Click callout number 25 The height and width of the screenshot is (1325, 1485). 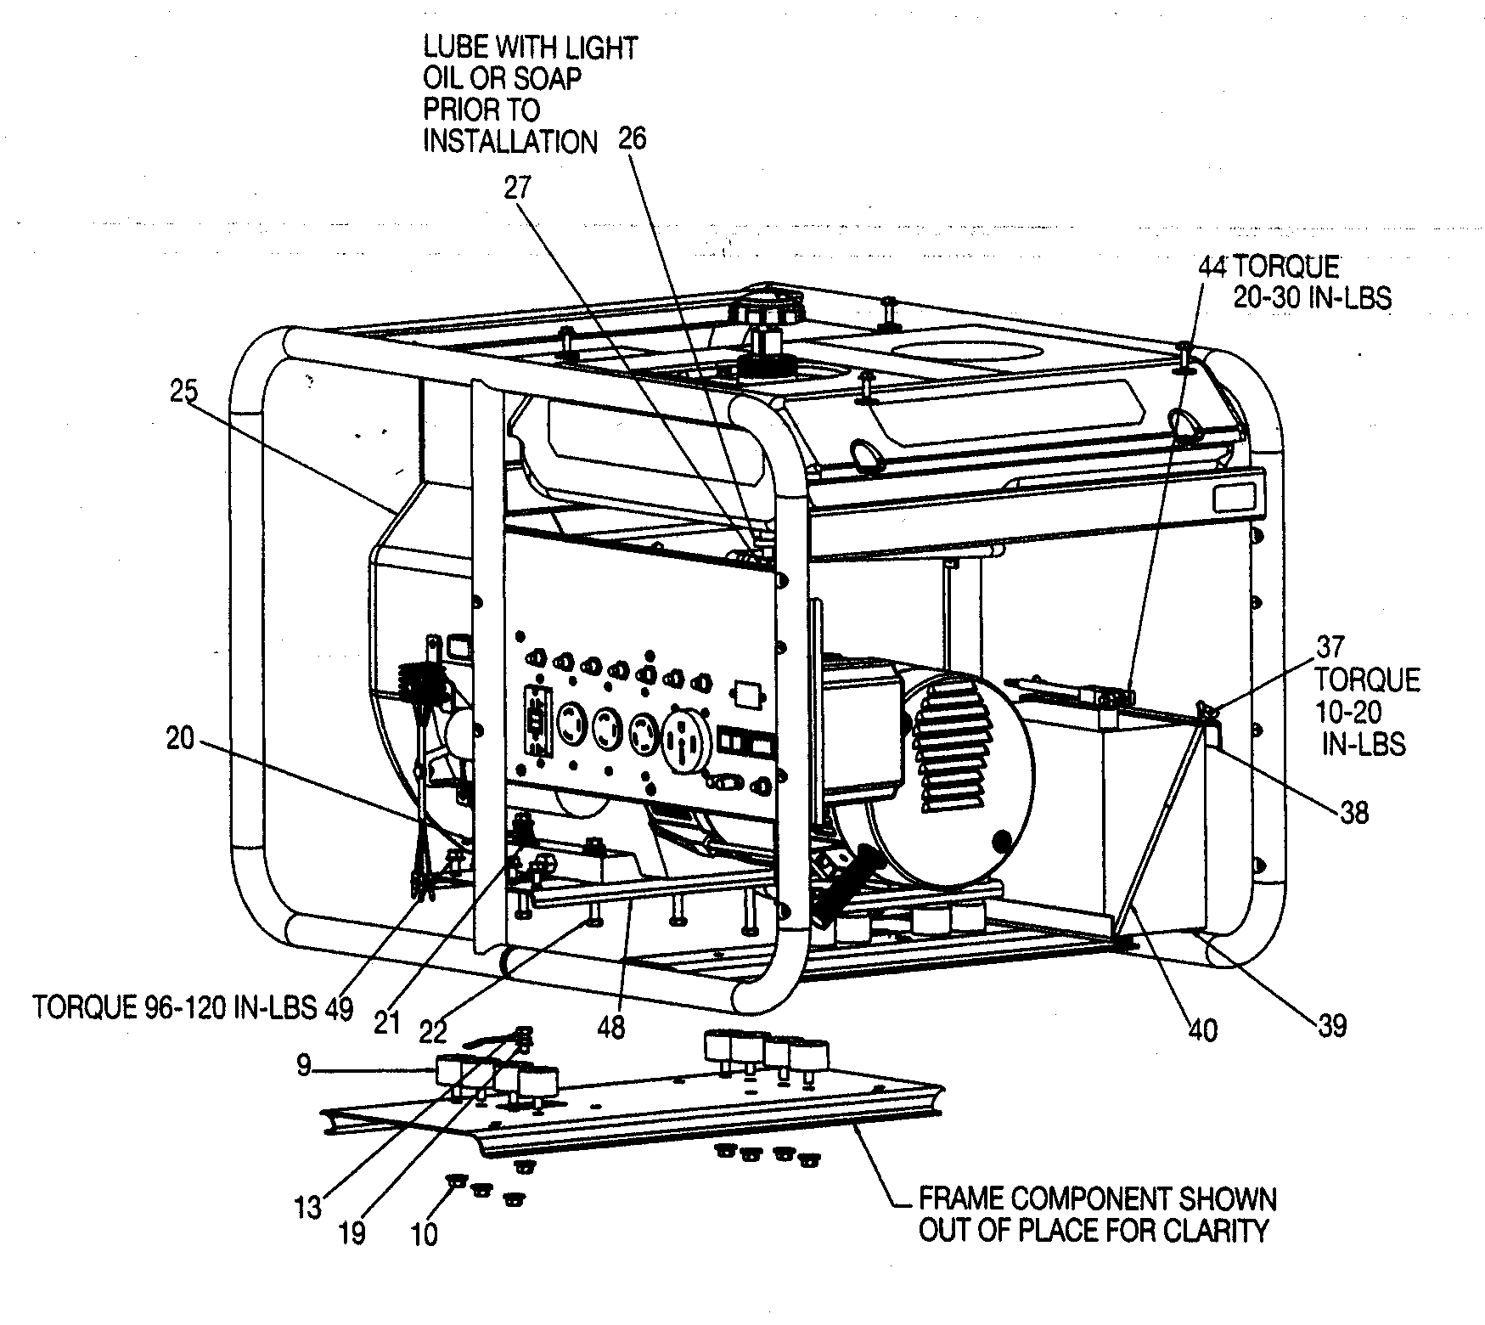pyautogui.click(x=183, y=392)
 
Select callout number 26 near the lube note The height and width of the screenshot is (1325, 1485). pyautogui.click(x=632, y=138)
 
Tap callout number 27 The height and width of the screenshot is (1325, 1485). pyautogui.click(x=517, y=187)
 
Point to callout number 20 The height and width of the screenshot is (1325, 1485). pyautogui.click(x=180, y=739)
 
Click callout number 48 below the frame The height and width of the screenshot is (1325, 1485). pyautogui.click(x=610, y=1027)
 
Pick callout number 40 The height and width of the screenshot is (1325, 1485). pyautogui.click(x=1203, y=1030)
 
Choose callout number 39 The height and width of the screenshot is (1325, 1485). pyautogui.click(x=1331, y=1026)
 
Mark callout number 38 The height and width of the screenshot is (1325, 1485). pyautogui.click(x=1354, y=813)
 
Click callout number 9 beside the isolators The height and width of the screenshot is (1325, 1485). pyautogui.click(x=305, y=1065)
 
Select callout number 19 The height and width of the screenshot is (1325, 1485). pyautogui.click(x=352, y=1232)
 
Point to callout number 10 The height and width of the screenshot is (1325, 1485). pyautogui.click(x=424, y=1234)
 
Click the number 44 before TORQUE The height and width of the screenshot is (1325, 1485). pyautogui.click(x=1213, y=267)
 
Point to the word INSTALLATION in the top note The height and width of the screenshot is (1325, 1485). pyautogui.click(x=510, y=141)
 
